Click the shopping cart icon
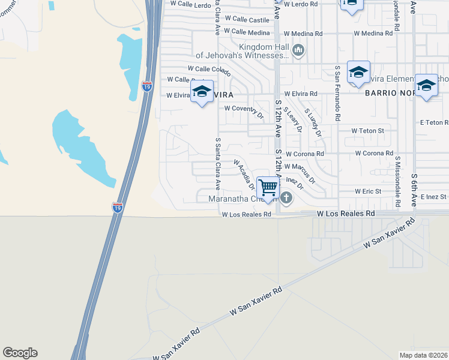(268, 187)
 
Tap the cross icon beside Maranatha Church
(287, 197)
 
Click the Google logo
(20, 353)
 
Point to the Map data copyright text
(423, 355)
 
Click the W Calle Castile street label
(247, 20)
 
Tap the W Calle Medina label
(247, 32)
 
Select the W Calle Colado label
(209, 70)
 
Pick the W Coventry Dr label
(244, 109)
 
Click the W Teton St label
(367, 130)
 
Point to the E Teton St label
(434, 122)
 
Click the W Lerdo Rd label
(300, 4)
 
